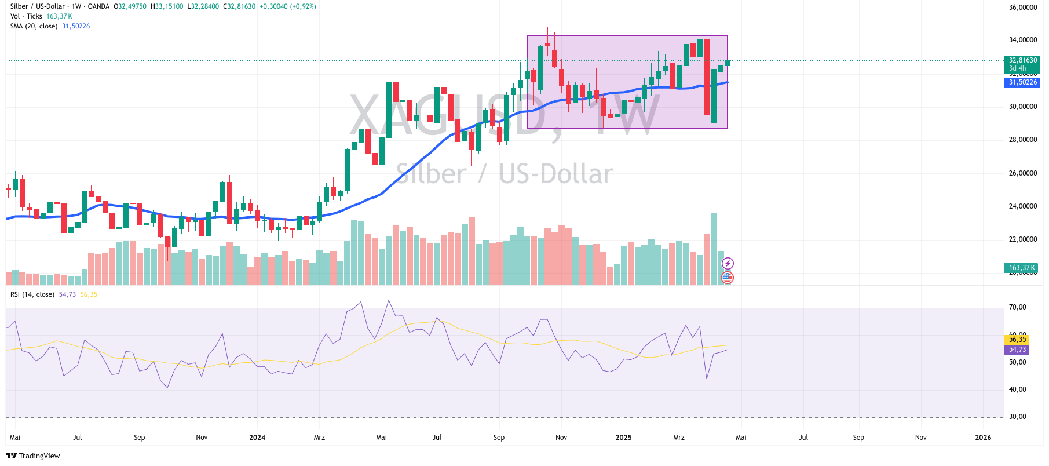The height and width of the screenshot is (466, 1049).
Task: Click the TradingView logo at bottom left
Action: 33,456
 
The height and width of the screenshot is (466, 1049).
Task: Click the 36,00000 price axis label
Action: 1022,8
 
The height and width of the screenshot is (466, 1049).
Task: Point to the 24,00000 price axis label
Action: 1022,206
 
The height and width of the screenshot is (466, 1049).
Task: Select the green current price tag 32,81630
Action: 1022,60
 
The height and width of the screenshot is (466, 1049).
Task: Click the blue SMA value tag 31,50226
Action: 1022,82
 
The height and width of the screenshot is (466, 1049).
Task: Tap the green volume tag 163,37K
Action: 1022,268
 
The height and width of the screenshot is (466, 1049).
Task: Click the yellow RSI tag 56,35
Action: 1017,340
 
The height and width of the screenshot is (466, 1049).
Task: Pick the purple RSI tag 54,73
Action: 1017,349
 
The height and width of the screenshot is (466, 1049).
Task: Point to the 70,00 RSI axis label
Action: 1017,307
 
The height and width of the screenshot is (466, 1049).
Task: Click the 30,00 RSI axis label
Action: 1017,417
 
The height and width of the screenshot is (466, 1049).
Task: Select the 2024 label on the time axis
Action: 257,438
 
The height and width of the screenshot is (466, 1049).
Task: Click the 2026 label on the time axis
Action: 983,438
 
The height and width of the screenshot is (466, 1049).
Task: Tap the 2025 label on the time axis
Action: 623,438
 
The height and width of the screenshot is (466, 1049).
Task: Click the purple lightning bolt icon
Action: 728,264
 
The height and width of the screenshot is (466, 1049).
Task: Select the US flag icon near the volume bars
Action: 728,278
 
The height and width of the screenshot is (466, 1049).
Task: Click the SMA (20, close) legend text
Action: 34,26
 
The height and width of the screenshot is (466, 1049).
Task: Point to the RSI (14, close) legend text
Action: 32,294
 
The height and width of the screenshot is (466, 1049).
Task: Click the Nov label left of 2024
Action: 202,438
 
